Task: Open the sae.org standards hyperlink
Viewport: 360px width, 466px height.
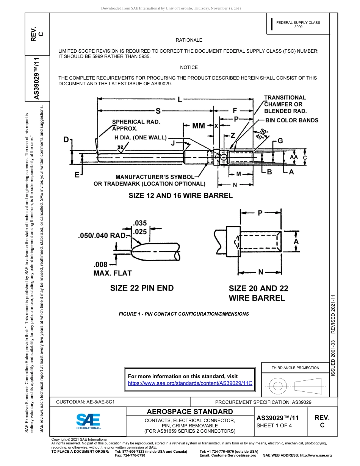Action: tap(190, 383)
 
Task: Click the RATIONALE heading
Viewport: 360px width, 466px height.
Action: tap(189, 40)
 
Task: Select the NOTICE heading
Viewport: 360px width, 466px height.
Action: tap(189, 67)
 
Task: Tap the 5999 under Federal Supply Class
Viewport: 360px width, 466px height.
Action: tap(298, 27)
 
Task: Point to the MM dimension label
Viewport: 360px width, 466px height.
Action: tap(199, 126)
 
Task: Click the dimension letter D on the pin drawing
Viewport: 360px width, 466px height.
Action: tap(66, 141)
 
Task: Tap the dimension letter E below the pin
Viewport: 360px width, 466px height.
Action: tap(77, 175)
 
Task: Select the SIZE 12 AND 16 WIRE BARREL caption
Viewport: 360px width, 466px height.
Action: tap(180, 196)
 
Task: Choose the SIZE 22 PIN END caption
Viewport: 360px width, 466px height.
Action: tap(142, 288)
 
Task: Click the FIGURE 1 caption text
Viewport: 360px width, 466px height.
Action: tap(184, 314)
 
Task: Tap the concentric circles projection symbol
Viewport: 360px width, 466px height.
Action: tap(278, 386)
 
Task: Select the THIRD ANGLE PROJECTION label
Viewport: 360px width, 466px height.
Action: tap(295, 367)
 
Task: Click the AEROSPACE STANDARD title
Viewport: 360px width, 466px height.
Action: tap(189, 412)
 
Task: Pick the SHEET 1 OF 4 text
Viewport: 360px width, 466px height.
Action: tap(274, 425)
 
